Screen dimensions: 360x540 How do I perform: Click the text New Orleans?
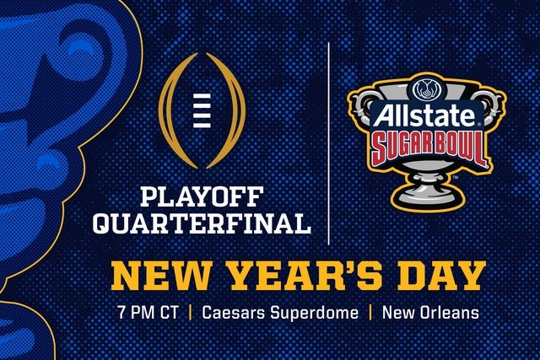(x=430, y=313)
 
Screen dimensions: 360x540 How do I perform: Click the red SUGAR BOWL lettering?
(x=417, y=148)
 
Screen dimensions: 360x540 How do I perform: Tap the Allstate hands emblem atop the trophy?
(x=418, y=89)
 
